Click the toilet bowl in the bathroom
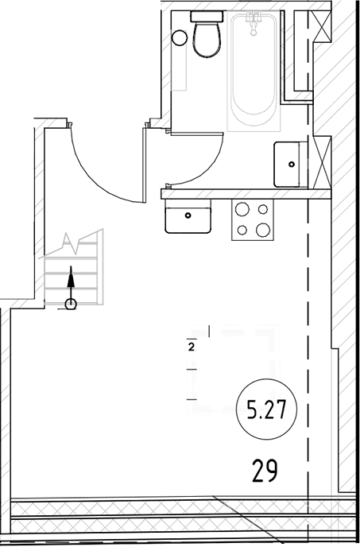[x=207, y=40]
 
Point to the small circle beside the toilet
[x=180, y=37]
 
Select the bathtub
[x=254, y=76]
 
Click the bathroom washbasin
[x=292, y=164]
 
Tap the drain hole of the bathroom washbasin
[x=291, y=164]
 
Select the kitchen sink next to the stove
[x=188, y=215]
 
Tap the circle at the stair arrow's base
[x=71, y=303]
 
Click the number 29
[x=265, y=471]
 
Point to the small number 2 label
[x=192, y=347]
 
